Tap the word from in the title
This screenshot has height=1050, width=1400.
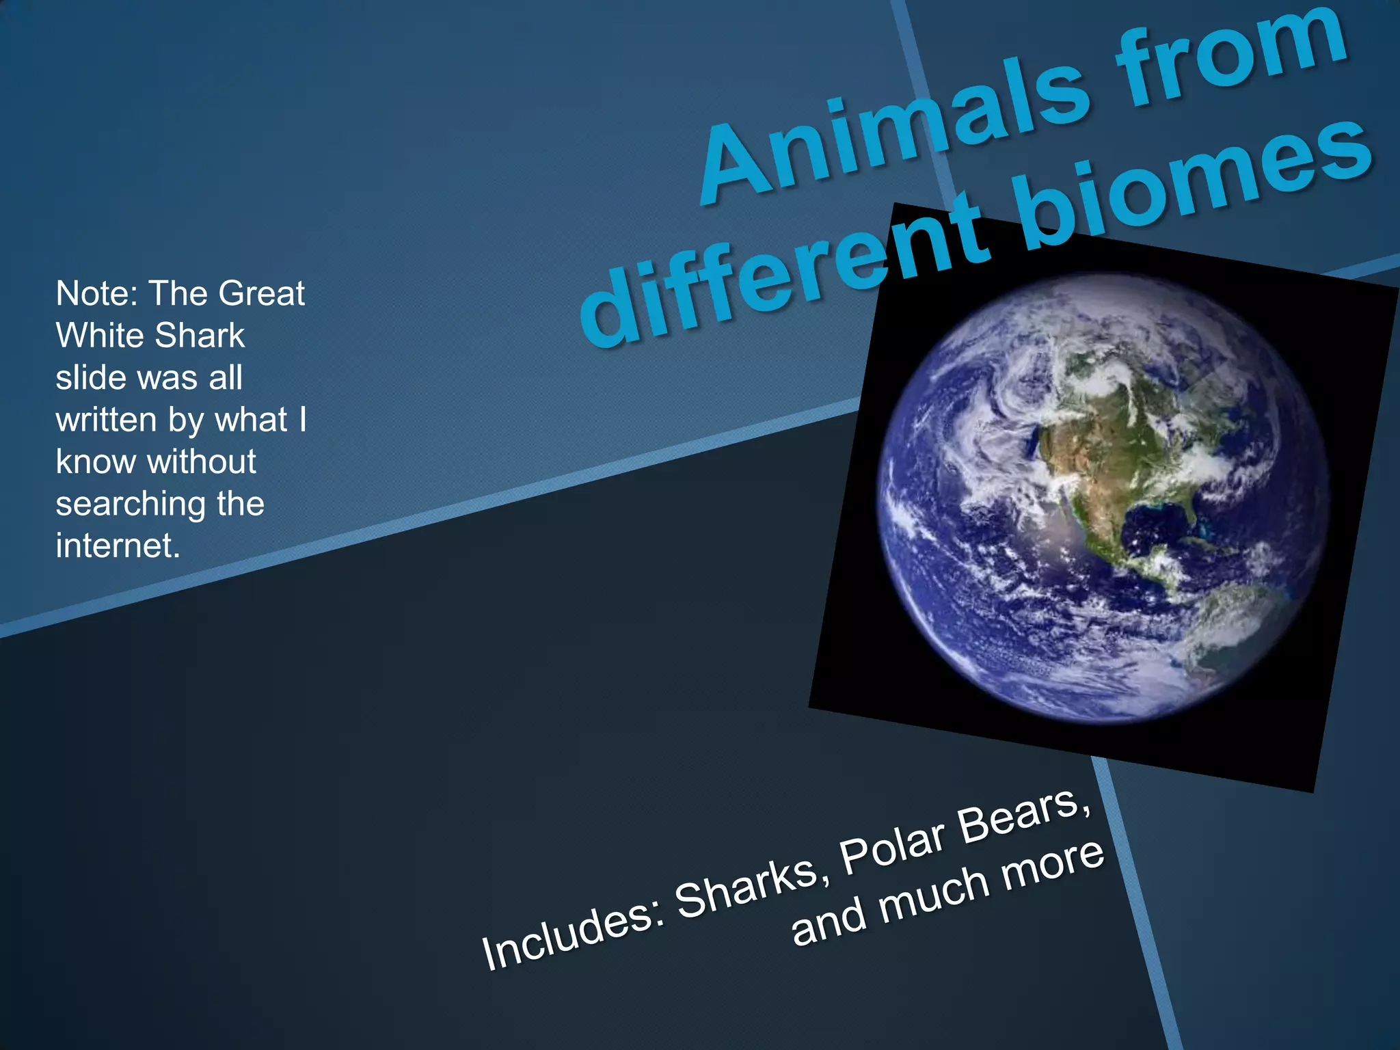(x=1230, y=58)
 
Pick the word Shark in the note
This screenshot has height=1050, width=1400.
(x=200, y=336)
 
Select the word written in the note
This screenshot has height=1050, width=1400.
(x=106, y=420)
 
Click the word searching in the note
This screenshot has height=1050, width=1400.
(x=131, y=504)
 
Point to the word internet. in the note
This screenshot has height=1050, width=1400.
(x=118, y=546)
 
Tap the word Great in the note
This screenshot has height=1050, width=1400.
(x=261, y=293)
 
